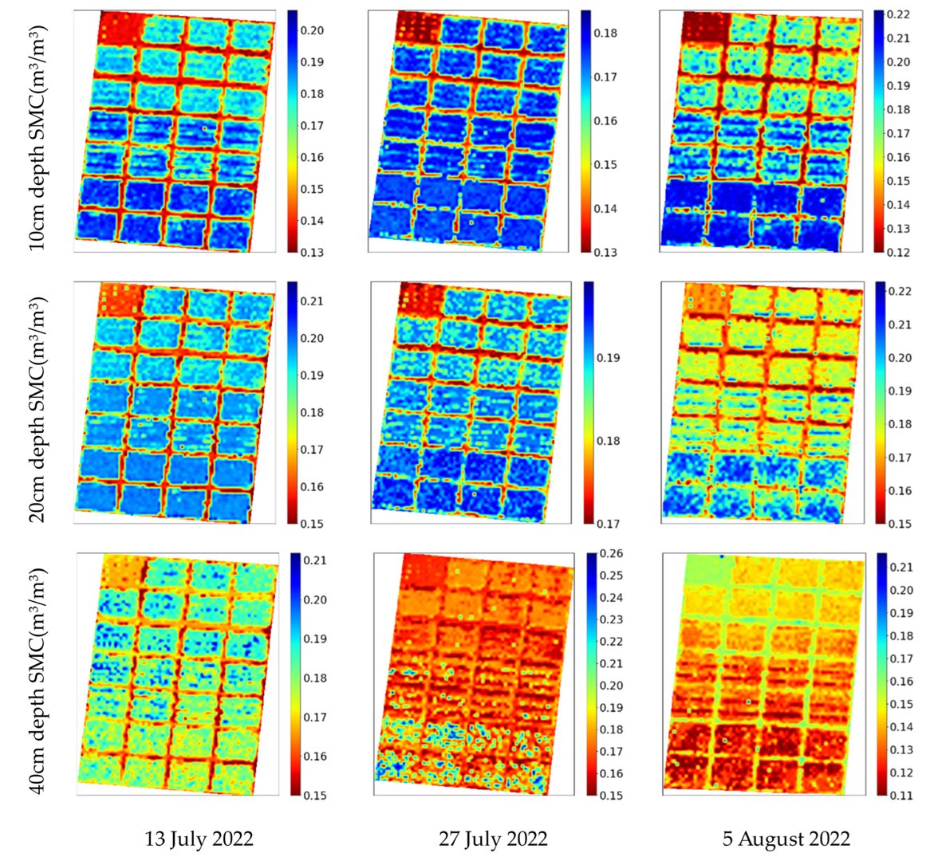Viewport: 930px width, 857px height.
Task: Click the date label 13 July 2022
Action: click(199, 839)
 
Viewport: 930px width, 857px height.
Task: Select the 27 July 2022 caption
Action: click(493, 839)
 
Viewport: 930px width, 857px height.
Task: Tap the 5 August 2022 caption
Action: click(786, 839)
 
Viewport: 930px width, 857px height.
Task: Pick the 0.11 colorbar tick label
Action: click(902, 795)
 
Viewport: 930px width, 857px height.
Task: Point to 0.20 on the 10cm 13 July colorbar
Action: click(313, 30)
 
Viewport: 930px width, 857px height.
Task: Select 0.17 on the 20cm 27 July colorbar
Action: click(609, 524)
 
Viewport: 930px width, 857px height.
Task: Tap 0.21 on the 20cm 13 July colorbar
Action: click(313, 301)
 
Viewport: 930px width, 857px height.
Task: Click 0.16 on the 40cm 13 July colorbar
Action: click(316, 756)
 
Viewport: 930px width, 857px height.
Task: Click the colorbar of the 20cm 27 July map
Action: click(589, 403)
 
